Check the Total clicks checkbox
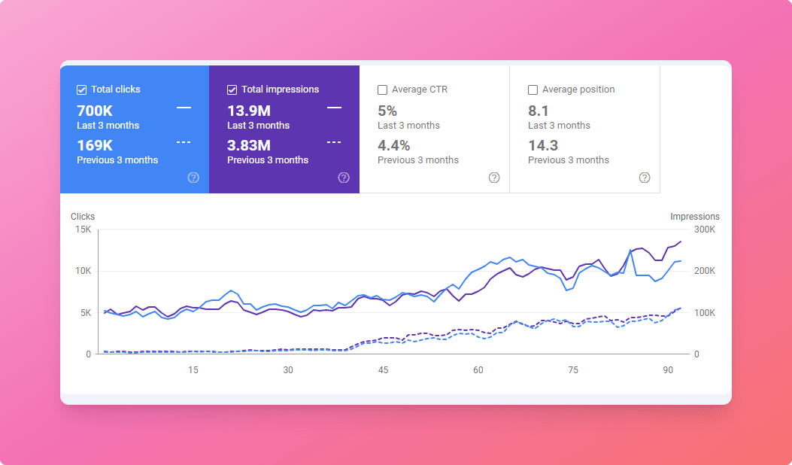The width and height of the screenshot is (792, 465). coord(82,90)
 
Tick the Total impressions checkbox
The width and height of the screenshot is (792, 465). coord(232,90)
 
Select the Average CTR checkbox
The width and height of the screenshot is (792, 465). coord(383,90)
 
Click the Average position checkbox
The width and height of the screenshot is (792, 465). coord(533,90)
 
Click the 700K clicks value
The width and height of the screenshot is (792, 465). coord(95,111)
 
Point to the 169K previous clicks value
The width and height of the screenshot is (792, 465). coord(95,145)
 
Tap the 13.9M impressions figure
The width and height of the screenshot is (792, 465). coord(249,111)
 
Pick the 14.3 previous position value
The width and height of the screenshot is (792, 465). coord(543,145)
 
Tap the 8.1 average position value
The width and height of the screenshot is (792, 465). coord(539,111)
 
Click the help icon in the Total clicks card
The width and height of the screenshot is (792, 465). coord(193,178)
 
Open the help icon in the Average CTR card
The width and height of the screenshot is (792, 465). coord(494,178)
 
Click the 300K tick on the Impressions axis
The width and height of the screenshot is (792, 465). coord(705,229)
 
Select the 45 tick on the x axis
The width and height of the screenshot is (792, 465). coord(384,369)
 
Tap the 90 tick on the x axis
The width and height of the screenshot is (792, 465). coord(668,369)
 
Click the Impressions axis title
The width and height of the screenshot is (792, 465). coord(695,217)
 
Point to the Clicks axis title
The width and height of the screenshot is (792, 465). coord(83,217)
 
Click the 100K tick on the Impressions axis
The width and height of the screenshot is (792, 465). coord(705,312)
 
